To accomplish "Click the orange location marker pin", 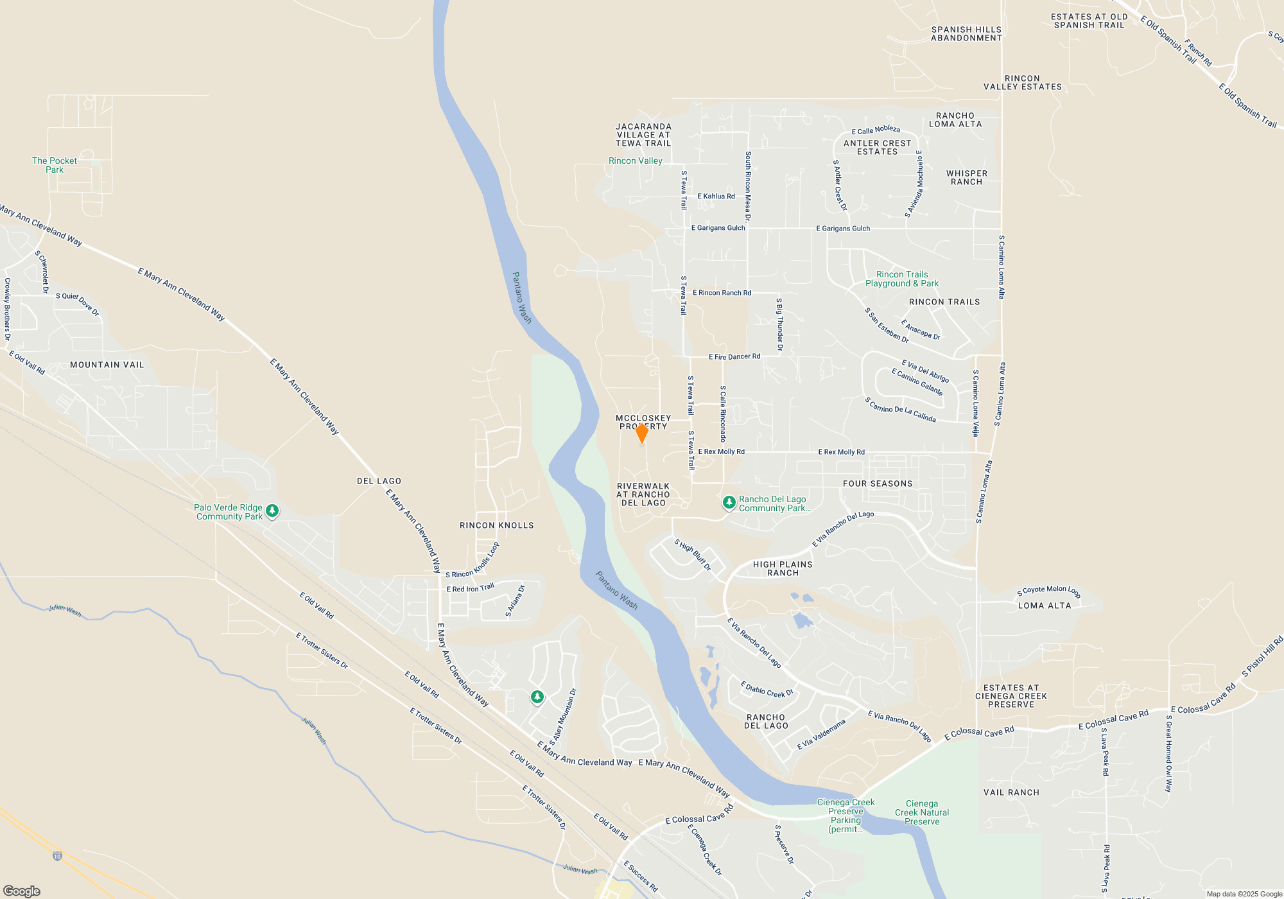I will pyautogui.click(x=641, y=433).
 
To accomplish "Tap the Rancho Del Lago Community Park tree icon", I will pyautogui.click(x=729, y=502).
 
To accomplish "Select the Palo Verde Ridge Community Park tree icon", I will pyautogui.click(x=272, y=511).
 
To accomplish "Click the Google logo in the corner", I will pyautogui.click(x=22, y=891).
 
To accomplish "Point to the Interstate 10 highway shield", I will pyautogui.click(x=58, y=856).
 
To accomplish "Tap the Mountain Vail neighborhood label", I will pyautogui.click(x=107, y=365).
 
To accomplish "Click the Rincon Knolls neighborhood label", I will pyautogui.click(x=497, y=525).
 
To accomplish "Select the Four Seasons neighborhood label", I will pyautogui.click(x=878, y=484).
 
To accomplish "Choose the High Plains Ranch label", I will pyautogui.click(x=783, y=568).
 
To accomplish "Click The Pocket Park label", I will pyautogui.click(x=55, y=165).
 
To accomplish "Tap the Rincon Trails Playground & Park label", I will pyautogui.click(x=902, y=279).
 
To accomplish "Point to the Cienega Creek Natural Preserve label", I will pyautogui.click(x=922, y=812).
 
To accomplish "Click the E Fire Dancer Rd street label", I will pyautogui.click(x=734, y=356).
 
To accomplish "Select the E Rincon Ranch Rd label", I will pyautogui.click(x=722, y=293).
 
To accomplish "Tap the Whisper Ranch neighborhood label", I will pyautogui.click(x=967, y=177).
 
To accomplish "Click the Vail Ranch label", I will pyautogui.click(x=1011, y=792).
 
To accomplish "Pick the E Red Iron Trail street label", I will pyautogui.click(x=471, y=588).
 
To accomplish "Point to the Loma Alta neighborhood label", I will pyautogui.click(x=1045, y=606).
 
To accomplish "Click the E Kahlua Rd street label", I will pyautogui.click(x=716, y=196).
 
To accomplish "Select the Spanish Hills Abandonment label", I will pyautogui.click(x=966, y=33).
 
